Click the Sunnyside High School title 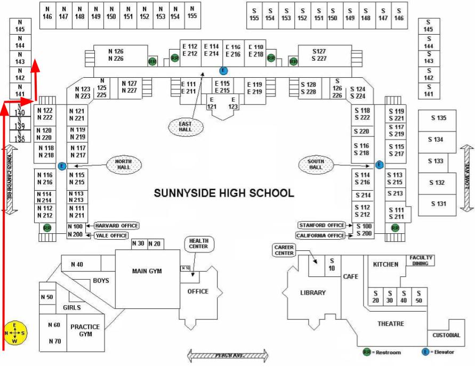[x=224, y=193]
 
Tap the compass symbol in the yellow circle [x=15, y=333]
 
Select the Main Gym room [x=147, y=272]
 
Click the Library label [x=313, y=292]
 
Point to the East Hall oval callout [x=186, y=126]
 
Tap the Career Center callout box [x=284, y=250]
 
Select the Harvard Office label [x=116, y=226]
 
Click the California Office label [x=320, y=235]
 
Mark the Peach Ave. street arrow [x=228, y=356]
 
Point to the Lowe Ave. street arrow [x=468, y=178]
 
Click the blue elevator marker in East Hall [x=223, y=70]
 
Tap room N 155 [x=192, y=12]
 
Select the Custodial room [x=446, y=335]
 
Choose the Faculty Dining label [x=421, y=260]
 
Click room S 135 [x=438, y=119]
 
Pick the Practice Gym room [x=85, y=330]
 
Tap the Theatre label [x=391, y=324]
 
